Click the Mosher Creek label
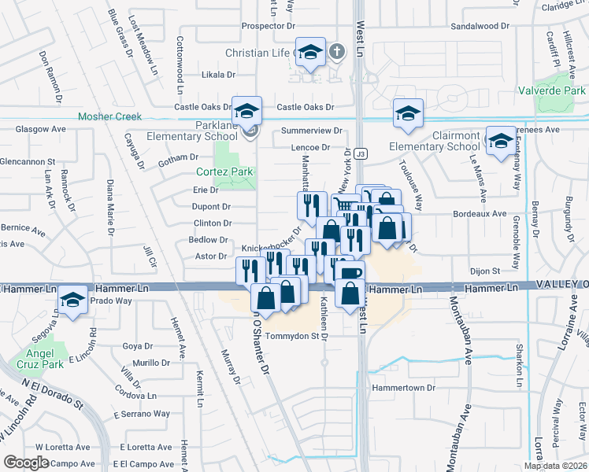[109, 117]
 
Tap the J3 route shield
[359, 153]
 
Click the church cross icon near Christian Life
[336, 53]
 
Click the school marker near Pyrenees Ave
[499, 142]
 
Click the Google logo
[26, 463]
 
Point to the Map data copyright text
[554, 466]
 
